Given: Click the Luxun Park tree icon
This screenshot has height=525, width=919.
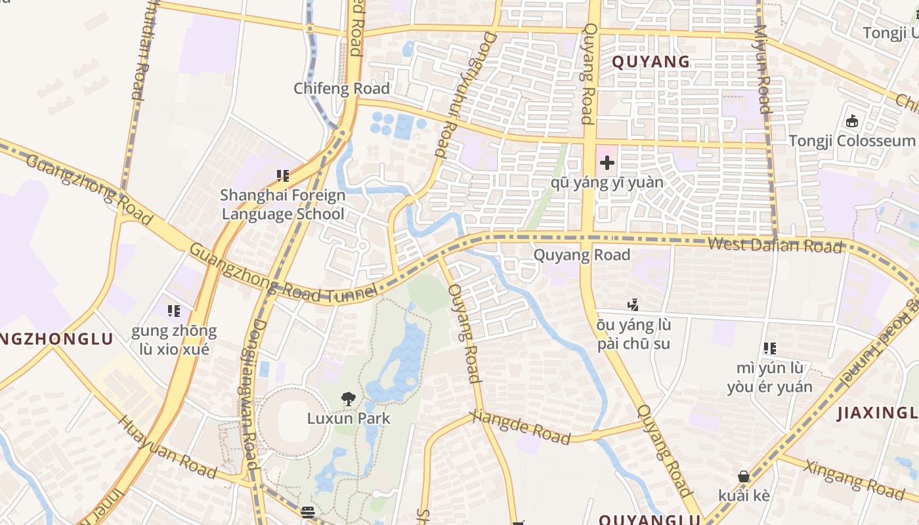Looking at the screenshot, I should click(x=348, y=398).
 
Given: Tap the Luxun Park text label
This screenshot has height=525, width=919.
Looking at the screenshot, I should click(x=349, y=418).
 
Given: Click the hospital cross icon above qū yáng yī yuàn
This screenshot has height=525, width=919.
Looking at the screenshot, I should click(x=607, y=162).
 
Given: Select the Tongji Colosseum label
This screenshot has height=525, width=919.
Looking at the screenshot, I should click(x=851, y=140).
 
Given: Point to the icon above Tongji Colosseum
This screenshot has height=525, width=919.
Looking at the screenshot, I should click(x=852, y=121).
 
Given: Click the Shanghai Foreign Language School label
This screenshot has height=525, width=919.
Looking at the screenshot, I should click(x=283, y=204).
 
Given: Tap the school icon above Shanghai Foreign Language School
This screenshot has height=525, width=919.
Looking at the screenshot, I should click(x=283, y=175).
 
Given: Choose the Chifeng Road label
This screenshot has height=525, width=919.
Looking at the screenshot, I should click(x=341, y=88).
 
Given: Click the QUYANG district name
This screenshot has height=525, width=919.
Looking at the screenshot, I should click(x=651, y=62).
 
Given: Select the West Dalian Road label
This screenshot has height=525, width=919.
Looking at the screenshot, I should click(x=775, y=245).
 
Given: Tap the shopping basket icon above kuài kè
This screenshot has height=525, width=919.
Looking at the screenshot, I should click(x=744, y=476).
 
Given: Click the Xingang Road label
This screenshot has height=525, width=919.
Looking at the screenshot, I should click(x=854, y=477).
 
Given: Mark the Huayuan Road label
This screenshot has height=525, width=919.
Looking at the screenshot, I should click(x=167, y=446).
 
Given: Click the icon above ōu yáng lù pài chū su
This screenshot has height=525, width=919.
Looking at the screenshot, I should click(x=633, y=304).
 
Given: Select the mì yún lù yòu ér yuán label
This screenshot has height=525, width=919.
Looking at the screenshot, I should click(x=769, y=377).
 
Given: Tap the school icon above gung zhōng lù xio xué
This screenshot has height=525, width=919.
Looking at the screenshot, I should click(x=174, y=310).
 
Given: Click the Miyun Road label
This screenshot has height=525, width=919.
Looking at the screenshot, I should click(x=762, y=69).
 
